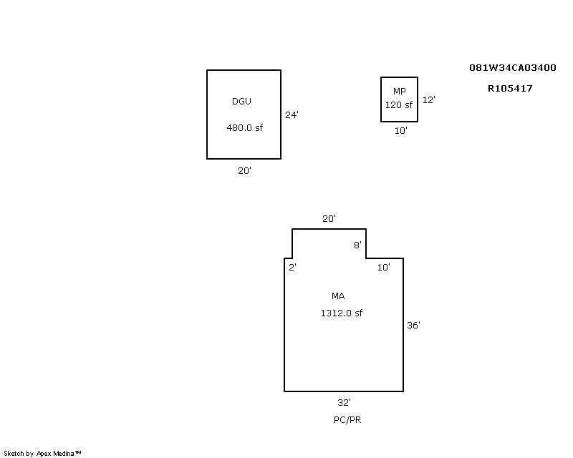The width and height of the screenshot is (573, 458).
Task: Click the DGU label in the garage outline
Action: pos(241,101)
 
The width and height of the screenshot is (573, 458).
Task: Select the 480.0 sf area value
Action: pos(244,127)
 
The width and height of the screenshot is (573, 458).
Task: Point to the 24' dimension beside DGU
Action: pos(292,114)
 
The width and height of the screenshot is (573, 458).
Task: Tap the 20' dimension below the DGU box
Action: pos(244,170)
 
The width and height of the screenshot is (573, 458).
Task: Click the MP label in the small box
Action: pos(400,91)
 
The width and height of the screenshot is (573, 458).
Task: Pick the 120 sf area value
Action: pos(399,104)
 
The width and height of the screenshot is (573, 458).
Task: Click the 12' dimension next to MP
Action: pos(428,99)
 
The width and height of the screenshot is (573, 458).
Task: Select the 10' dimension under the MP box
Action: pos(401,130)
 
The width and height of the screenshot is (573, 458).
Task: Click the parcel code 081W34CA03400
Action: pos(513,67)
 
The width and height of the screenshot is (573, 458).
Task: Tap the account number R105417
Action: pos(510,89)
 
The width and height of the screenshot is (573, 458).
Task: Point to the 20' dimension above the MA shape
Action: pos(329,218)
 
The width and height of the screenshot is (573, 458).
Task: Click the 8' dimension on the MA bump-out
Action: pos(357,245)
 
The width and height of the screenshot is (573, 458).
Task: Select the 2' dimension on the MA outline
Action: pos(292,268)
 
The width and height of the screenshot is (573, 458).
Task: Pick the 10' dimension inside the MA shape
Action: pos(384,268)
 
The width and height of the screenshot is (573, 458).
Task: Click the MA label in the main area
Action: pos(338,296)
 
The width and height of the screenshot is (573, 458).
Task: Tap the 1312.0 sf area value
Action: pos(342,313)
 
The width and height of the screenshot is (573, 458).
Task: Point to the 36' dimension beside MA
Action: pos(414,325)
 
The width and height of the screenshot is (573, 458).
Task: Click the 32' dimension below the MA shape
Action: pos(345,402)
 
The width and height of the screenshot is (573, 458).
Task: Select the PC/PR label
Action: pos(347,419)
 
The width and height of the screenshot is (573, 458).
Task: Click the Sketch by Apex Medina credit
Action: pos(42,454)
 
